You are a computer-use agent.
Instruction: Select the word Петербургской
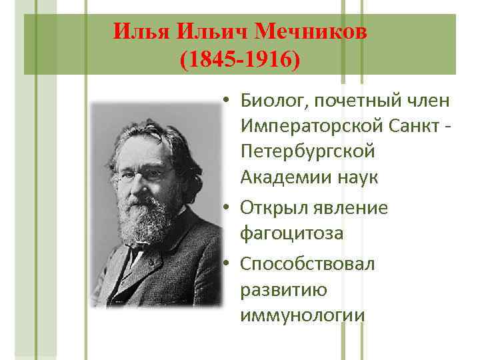308,152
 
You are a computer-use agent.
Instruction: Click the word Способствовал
308,264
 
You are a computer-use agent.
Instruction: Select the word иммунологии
303,315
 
